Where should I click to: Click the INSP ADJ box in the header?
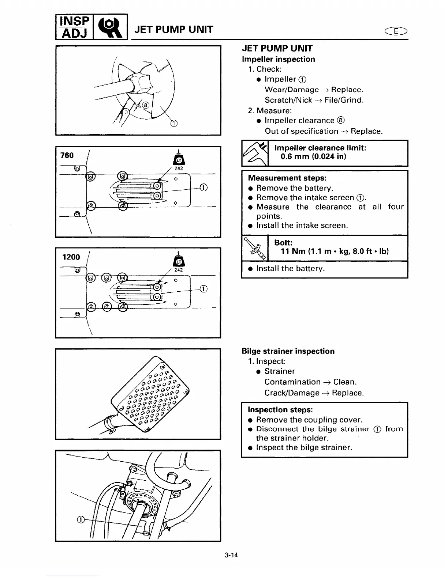tap(74, 27)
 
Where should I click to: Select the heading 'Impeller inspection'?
tap(278, 59)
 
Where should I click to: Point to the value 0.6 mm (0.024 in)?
tap(313, 157)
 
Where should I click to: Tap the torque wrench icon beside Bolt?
tap(255, 248)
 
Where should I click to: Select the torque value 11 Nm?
tap(294, 251)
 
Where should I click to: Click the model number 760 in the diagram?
tap(67, 155)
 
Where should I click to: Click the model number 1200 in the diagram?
tap(71, 257)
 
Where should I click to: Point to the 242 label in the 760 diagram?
tap(179, 169)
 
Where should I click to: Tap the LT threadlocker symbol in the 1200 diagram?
tap(179, 261)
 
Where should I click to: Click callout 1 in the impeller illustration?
tap(174, 123)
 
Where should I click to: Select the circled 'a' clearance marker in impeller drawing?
tap(146, 105)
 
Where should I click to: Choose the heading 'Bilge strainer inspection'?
tap(288, 351)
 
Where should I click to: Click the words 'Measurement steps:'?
tap(287, 178)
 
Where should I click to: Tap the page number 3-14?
tap(231, 555)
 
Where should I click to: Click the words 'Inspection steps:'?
tap(280, 410)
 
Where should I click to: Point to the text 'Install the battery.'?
tap(290, 269)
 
